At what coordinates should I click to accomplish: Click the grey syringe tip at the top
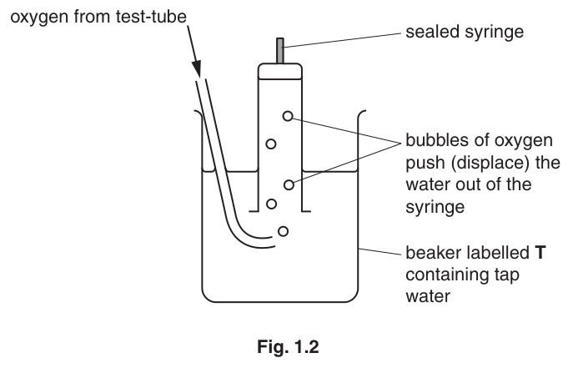pyautogui.click(x=280, y=51)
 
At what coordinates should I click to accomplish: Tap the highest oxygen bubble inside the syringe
pyautogui.click(x=288, y=116)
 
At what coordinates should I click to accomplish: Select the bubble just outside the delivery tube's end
pyautogui.click(x=284, y=231)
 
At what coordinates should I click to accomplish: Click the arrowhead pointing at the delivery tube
pyautogui.click(x=196, y=68)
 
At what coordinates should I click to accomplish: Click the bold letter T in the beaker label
pyautogui.click(x=540, y=253)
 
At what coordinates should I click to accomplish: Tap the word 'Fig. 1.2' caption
pyautogui.click(x=288, y=346)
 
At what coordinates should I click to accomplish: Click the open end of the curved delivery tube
pyautogui.click(x=274, y=242)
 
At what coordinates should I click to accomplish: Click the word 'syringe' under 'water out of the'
pyautogui.click(x=435, y=207)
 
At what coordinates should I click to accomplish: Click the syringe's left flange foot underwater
pyautogui.click(x=254, y=211)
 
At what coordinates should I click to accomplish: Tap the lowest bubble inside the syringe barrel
pyautogui.click(x=271, y=204)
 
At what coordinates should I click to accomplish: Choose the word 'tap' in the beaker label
pyautogui.click(x=506, y=275)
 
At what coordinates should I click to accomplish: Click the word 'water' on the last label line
pyautogui.click(x=428, y=296)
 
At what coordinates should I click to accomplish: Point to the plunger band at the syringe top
pyautogui.click(x=280, y=71)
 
